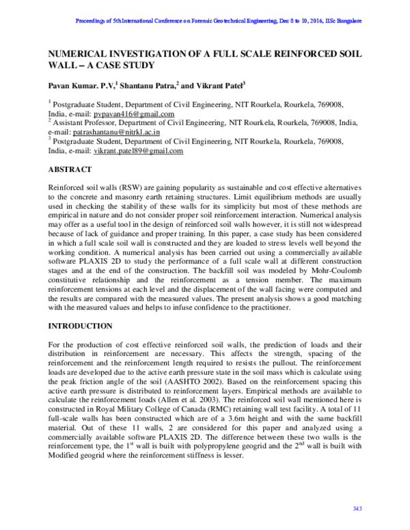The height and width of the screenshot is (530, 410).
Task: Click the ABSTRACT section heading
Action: (72, 168)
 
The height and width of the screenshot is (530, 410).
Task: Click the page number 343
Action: (356, 509)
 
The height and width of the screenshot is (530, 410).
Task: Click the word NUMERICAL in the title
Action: (79, 53)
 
